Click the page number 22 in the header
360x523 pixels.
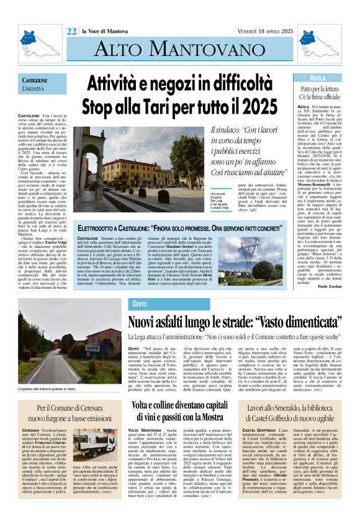[x=71, y=12]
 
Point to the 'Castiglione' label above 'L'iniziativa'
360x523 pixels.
[x=35, y=81]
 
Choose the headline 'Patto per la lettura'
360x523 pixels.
[x=317, y=90]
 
